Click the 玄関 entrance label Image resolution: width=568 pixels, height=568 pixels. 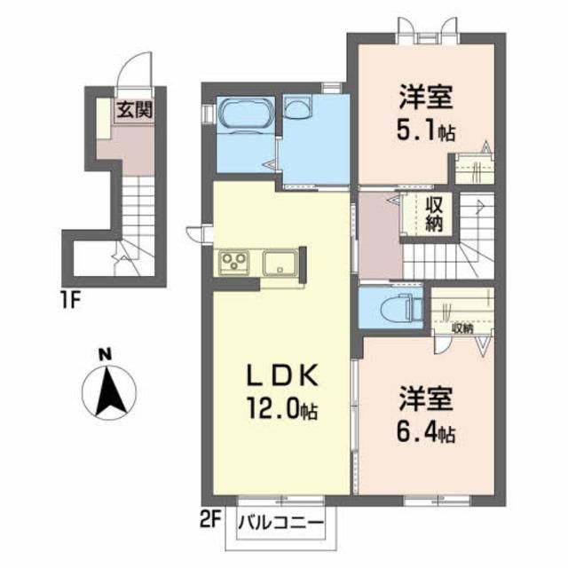134,110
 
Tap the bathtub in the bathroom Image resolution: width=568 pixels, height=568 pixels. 245,113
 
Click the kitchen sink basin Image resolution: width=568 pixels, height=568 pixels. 280,263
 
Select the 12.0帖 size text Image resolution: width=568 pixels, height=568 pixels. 282,409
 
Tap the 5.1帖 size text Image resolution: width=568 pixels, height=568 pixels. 426,132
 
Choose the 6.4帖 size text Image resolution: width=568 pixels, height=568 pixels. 426,433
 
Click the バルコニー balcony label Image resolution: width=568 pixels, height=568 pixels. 280,524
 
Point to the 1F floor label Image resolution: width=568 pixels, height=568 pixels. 70,300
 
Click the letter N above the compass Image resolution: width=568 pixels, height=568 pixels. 106,356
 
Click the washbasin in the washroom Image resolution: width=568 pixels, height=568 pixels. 298,107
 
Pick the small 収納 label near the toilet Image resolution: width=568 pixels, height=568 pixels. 462,328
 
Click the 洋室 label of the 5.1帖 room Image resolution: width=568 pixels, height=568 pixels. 426,97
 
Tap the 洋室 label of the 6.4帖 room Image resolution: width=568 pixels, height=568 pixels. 426,398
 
